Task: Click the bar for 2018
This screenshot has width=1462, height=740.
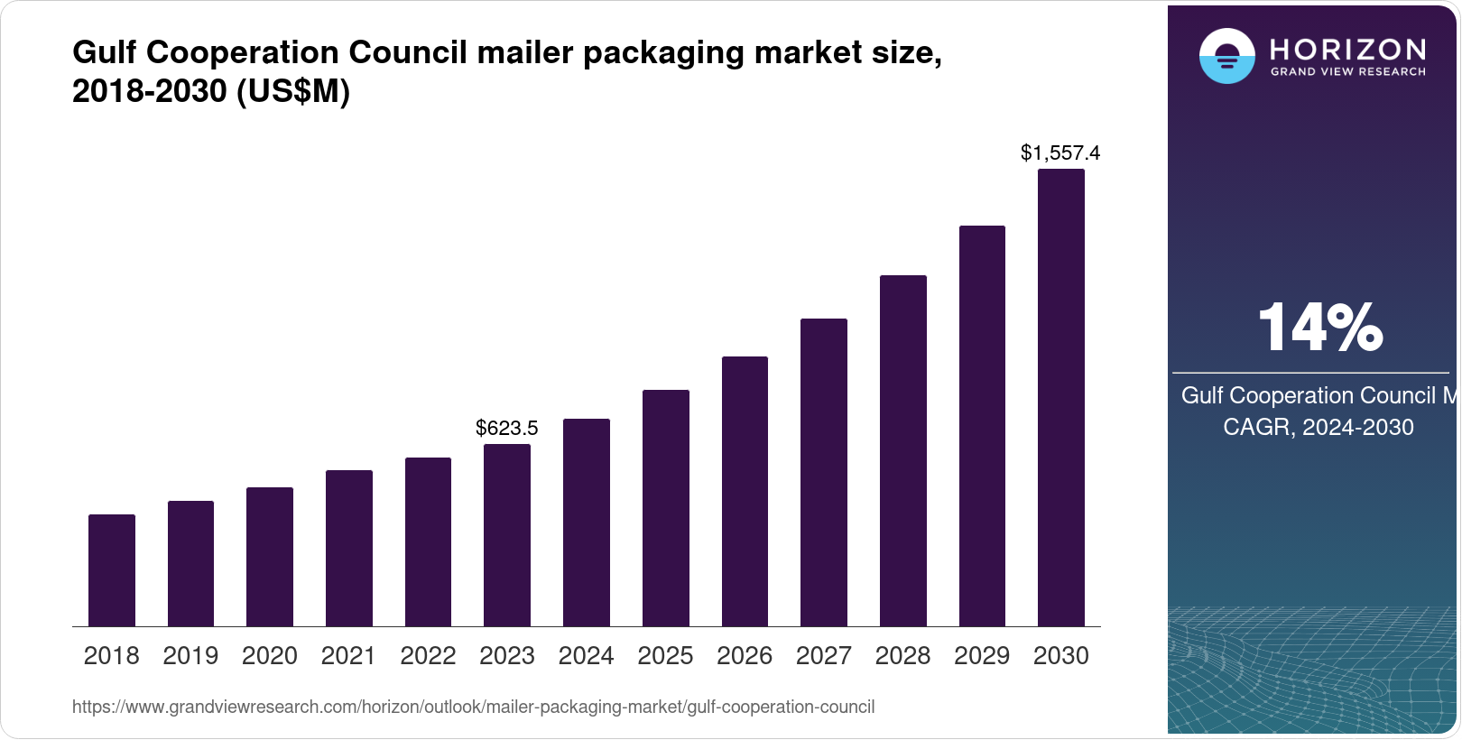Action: (112, 570)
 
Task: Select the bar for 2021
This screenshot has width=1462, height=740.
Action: (349, 548)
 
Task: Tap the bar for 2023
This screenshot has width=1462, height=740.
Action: (507, 535)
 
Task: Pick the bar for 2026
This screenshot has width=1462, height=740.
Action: (745, 491)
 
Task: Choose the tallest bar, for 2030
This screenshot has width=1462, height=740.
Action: (1061, 397)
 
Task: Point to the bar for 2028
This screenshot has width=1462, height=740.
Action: (903, 450)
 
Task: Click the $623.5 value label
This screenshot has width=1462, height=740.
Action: (507, 428)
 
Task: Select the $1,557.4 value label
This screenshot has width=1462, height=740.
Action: (1060, 153)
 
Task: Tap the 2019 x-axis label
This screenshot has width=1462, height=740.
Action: (190, 656)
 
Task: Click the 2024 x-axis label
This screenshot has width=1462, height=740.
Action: (586, 656)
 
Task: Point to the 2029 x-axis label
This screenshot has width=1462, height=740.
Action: (982, 656)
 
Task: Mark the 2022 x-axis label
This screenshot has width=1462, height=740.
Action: (428, 656)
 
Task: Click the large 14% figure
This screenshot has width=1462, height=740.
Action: (1319, 328)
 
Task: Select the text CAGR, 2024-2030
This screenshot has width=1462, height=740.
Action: (1318, 427)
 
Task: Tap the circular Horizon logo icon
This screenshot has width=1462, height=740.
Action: (1226, 56)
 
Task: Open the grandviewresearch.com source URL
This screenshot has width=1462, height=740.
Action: (473, 708)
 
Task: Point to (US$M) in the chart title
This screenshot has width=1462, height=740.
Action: (292, 92)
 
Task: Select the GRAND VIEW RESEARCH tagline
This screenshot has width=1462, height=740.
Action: (1348, 72)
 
